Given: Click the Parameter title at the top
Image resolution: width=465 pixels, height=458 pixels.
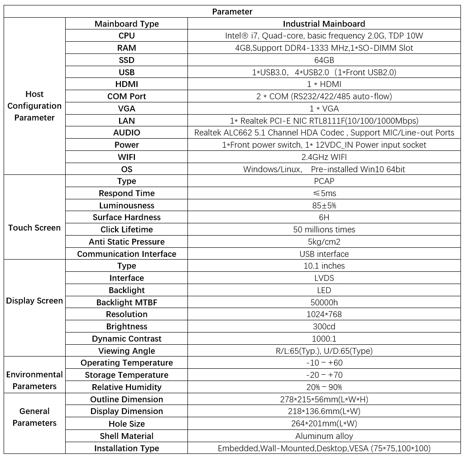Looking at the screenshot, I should [232, 12].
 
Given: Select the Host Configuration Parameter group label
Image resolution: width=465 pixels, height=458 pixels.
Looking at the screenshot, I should [34, 106].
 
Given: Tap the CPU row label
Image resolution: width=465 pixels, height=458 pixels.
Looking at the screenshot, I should [127, 36].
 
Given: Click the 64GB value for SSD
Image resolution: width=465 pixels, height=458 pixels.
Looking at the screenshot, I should [324, 60].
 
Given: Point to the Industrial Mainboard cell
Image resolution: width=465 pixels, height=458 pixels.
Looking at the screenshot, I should [324, 24].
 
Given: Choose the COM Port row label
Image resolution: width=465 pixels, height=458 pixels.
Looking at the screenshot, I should [127, 96].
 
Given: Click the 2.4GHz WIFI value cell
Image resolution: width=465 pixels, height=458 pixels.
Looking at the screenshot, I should [324, 157].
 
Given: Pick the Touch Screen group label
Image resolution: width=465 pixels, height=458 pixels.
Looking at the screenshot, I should [34, 228].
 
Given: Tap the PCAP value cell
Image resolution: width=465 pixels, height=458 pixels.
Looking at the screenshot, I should [324, 181].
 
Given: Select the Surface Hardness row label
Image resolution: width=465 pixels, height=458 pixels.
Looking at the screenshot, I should [127, 217].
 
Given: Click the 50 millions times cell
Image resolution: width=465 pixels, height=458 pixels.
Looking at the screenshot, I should [324, 230].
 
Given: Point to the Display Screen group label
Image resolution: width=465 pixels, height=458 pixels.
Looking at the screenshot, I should [34, 301].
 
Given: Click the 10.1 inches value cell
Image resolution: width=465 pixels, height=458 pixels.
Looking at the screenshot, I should [324, 266].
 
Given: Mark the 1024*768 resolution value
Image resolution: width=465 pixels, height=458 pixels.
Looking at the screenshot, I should [324, 314].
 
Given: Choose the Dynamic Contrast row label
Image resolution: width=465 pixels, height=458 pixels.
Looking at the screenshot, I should [127, 339].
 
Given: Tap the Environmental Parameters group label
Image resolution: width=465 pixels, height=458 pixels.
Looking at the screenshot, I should [34, 381].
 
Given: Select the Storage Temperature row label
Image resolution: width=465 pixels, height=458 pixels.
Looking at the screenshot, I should [127, 375].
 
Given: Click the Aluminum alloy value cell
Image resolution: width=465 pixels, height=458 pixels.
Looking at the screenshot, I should [324, 436].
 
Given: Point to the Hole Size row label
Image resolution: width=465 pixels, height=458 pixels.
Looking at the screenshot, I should [127, 424].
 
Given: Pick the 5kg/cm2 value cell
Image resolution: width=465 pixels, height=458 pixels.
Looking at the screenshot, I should [324, 242].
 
